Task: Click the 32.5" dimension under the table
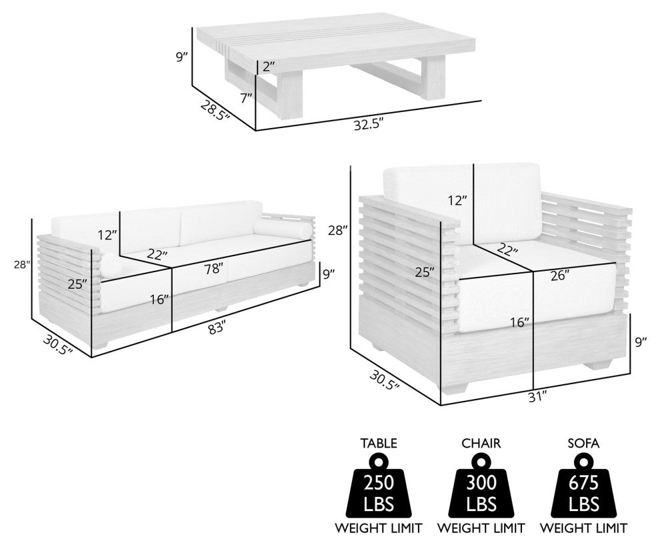pyautogui.click(x=369, y=125)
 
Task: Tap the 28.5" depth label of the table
pyautogui.click(x=215, y=110)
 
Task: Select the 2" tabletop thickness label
pyautogui.click(x=269, y=67)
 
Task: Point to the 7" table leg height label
pyautogui.click(x=246, y=98)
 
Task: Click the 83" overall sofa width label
pyautogui.click(x=217, y=328)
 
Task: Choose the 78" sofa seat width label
pyautogui.click(x=214, y=268)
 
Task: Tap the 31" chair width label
pyautogui.click(x=538, y=396)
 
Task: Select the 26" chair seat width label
pyautogui.click(x=560, y=276)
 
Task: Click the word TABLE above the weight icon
pyautogui.click(x=379, y=443)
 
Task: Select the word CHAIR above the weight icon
pyautogui.click(x=481, y=443)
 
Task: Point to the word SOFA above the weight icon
pyautogui.click(x=583, y=443)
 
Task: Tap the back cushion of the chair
pyautogui.click(x=461, y=203)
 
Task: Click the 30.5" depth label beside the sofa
pyautogui.click(x=57, y=344)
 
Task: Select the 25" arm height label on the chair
pyautogui.click(x=424, y=272)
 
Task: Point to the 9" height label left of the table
pyautogui.click(x=182, y=57)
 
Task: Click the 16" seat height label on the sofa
pyautogui.click(x=159, y=300)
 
